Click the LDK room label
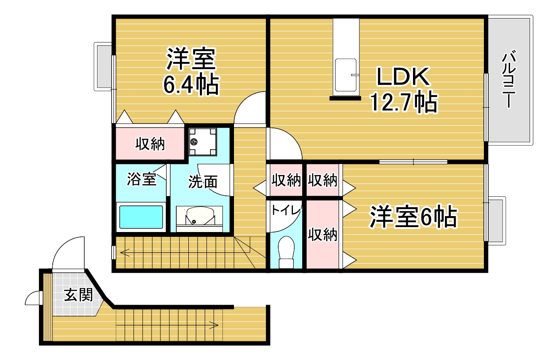point(403,76)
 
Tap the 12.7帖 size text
point(404,101)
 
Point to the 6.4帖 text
point(191,84)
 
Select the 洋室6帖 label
point(413,216)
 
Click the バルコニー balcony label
point(509,79)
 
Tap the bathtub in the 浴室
point(141,217)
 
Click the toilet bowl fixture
point(286,252)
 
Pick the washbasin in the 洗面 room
point(199,216)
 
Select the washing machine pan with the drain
point(203,142)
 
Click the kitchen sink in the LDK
point(346,75)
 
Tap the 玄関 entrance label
point(78,295)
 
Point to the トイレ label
point(286,211)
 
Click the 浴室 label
point(142,178)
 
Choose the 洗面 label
point(203,182)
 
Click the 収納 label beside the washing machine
point(150,143)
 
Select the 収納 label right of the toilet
point(323,234)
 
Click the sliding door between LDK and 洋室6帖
point(413,162)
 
